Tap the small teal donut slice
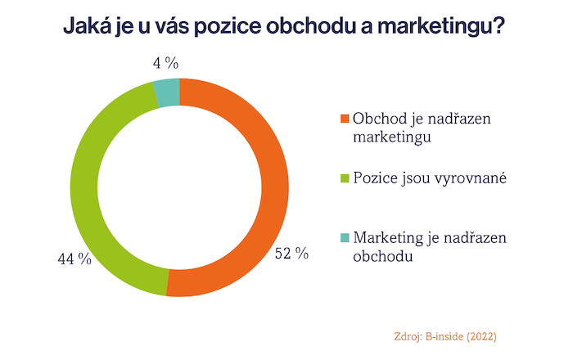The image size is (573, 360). coord(167,92)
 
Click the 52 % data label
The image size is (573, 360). coord(292,254)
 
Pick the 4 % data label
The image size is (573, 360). coord(165,62)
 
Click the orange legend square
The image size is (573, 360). coord(345,119)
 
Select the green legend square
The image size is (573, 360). coord(345,178)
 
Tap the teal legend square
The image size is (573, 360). coord(345,237)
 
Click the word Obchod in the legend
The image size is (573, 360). coord(380,119)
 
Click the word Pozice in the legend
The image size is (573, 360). coord(373,178)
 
